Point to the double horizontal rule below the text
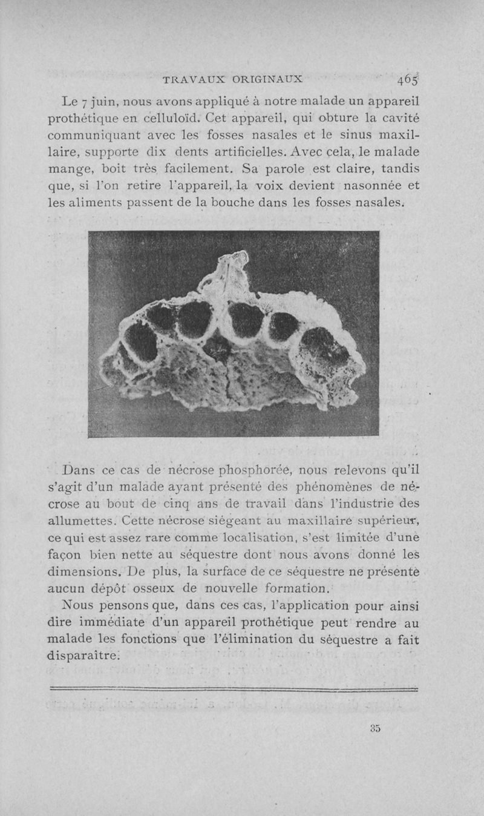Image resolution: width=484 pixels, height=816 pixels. click(x=234, y=688)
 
